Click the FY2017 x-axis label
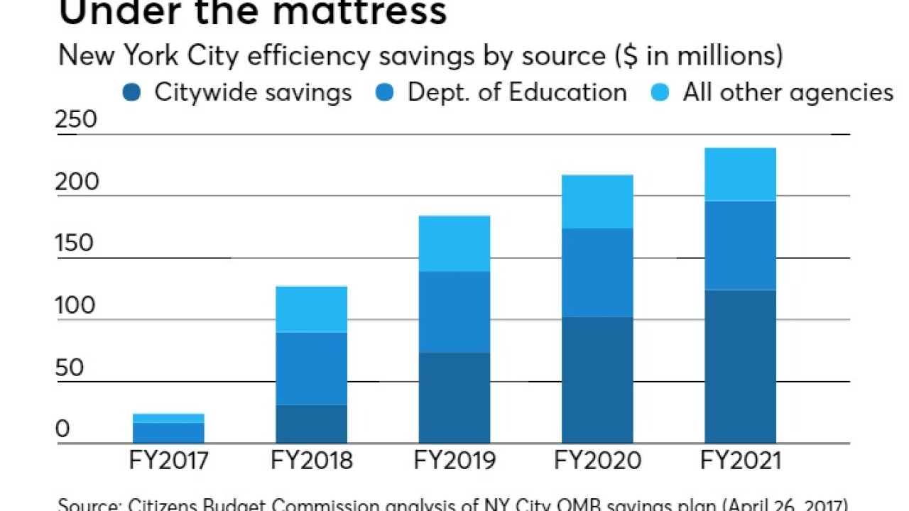169,461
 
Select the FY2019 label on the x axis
454,461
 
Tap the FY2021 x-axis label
740,461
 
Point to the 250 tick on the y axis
77,119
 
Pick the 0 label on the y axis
63,429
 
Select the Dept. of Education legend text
516,92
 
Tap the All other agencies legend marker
660,92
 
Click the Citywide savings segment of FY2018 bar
312,424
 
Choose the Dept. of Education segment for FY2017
169,432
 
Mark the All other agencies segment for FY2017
169,418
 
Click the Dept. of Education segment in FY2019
454,312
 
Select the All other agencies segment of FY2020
597,202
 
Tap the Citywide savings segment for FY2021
740,366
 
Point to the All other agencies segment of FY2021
740,175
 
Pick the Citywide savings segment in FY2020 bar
597,380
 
